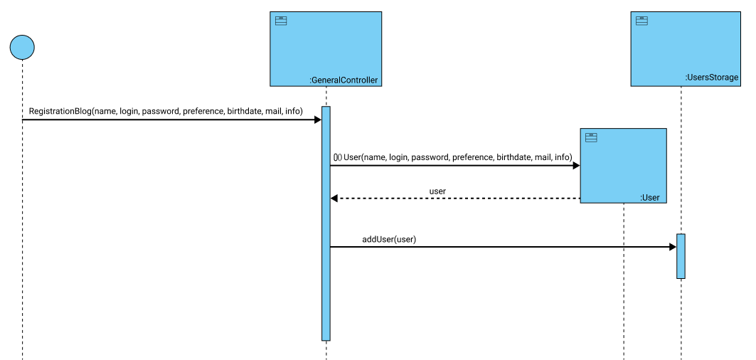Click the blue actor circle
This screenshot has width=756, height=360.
pos(22,47)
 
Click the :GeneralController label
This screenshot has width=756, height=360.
pos(344,80)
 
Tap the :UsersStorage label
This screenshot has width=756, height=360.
pos(711,78)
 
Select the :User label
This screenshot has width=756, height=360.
pos(650,198)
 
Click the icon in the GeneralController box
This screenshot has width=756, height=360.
pos(281,21)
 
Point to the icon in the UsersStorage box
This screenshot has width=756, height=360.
pos(641,21)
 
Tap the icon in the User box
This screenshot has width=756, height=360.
pos(591,137)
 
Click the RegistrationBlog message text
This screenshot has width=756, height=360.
pos(166,112)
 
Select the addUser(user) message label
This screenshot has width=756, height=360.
pos(389,239)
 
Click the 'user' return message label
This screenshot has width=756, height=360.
pos(437,191)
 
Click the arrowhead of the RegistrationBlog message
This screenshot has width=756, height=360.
pos(317,120)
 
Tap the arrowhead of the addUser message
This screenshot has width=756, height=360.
pos(672,247)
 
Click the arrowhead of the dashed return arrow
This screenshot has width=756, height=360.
pos(334,198)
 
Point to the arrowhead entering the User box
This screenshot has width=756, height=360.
pos(576,166)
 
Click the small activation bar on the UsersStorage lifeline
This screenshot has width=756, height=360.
pos(681,256)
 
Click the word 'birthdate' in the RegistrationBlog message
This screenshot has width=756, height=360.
pos(244,112)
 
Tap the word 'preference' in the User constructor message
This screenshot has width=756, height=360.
pos(472,157)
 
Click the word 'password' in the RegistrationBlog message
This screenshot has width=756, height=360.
pos(160,112)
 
